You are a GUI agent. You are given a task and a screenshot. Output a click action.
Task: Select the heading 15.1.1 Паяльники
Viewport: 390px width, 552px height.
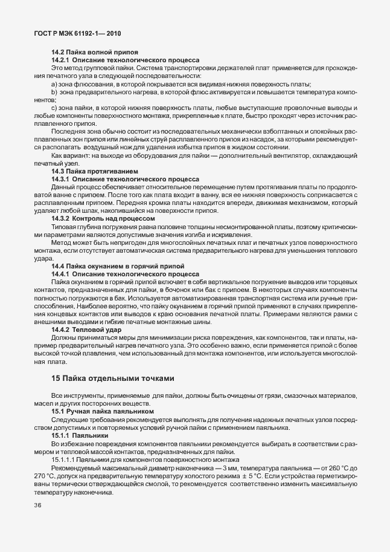click(x=80, y=435)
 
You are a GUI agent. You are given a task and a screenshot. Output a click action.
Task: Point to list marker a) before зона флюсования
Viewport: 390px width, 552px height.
click(x=54, y=84)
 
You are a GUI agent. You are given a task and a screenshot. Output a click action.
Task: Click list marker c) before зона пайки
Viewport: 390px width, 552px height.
click(x=54, y=108)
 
